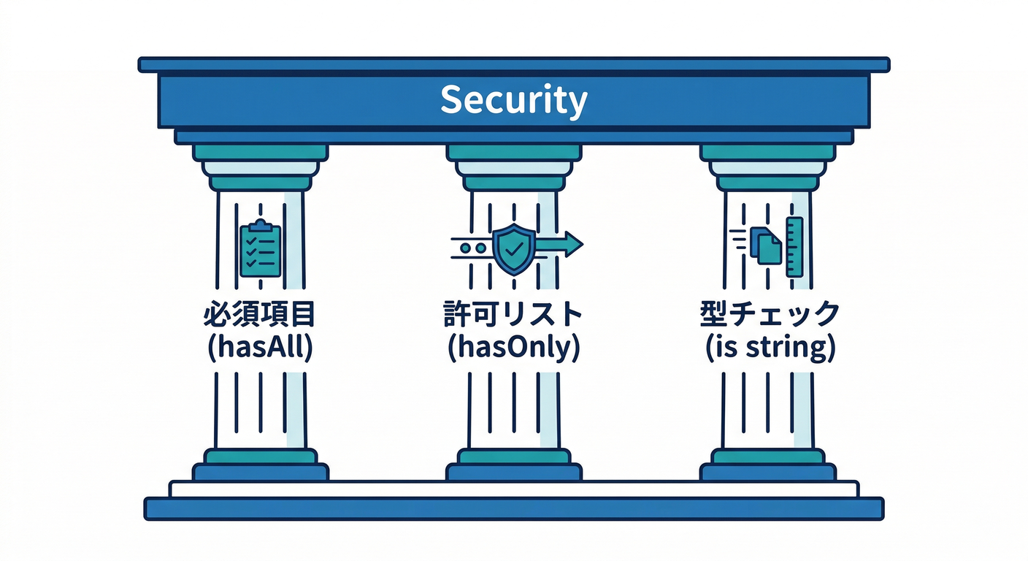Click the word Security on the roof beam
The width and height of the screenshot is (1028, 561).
coord(513,99)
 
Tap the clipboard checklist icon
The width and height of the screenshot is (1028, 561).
coord(261,251)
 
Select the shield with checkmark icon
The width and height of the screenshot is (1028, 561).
coord(514,249)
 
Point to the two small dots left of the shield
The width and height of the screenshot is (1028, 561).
coord(472,248)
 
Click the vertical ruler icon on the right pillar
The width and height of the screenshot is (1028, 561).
coord(794,247)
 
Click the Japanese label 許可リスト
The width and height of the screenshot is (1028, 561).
coord(513,316)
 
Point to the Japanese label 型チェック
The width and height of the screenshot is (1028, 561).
coord(770,316)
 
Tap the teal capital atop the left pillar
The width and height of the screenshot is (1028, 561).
coord(261,153)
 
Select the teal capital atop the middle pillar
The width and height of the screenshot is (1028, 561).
coord(514,153)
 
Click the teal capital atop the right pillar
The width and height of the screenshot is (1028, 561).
coord(767,153)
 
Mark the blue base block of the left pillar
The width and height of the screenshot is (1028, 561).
coord(261,473)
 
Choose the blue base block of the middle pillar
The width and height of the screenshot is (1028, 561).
coord(514,473)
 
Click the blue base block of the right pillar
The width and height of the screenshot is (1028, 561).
coord(767,473)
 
